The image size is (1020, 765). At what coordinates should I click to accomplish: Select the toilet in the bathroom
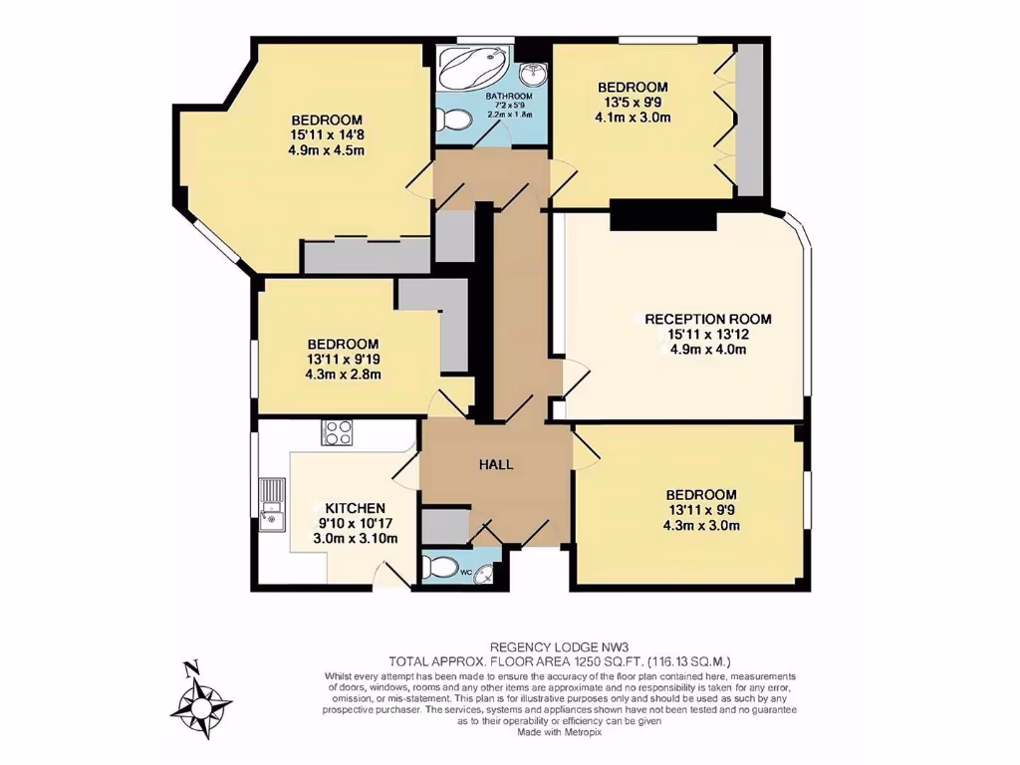456,120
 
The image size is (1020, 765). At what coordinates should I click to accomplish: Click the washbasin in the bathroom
535,71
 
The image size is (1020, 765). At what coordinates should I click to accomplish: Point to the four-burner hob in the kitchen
337,432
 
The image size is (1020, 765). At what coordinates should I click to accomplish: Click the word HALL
496,463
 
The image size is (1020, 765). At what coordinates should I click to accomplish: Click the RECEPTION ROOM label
707,320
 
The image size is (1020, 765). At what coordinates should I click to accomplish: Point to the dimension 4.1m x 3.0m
632,118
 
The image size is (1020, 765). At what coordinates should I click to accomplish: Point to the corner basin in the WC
483,573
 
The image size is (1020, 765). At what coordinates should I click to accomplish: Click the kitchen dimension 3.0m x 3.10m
357,539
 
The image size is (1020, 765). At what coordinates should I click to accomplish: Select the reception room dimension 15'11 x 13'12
707,335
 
